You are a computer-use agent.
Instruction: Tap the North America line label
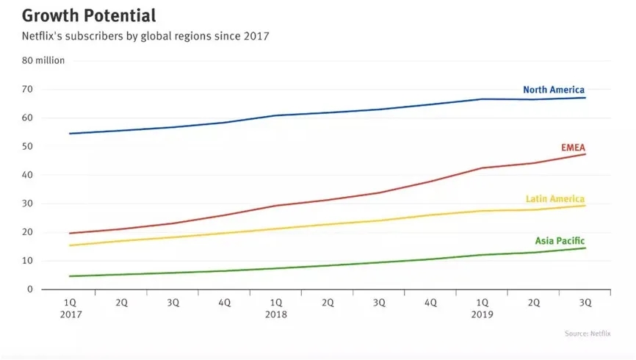[553, 90]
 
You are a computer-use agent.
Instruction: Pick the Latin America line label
[555, 198]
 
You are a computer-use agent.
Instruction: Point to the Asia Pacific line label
[559, 240]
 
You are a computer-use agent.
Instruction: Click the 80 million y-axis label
[44, 60]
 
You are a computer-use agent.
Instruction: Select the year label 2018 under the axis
[275, 314]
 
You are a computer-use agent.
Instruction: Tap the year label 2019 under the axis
[482, 314]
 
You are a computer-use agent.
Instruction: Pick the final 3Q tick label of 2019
[585, 302]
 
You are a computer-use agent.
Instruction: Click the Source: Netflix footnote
[587, 334]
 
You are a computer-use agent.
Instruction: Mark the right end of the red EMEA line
[585, 154]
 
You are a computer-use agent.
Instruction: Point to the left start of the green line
[69, 276]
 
